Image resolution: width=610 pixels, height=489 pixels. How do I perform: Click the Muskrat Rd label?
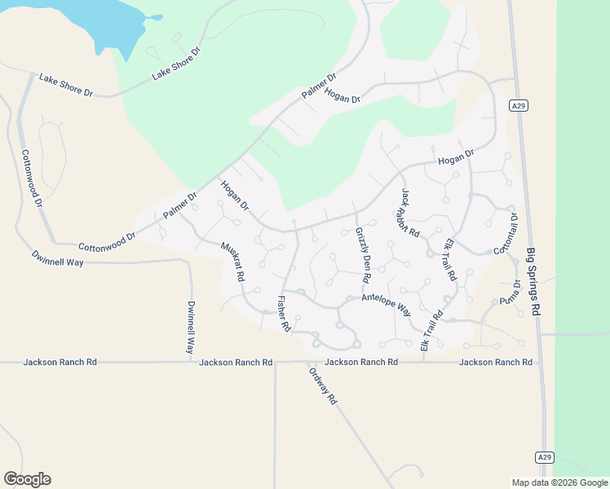click(x=232, y=261)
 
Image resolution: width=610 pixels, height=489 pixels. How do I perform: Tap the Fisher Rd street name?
click(x=284, y=313)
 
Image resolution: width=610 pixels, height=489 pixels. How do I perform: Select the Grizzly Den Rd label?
click(x=362, y=255)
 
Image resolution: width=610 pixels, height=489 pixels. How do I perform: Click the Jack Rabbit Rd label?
click(x=410, y=213)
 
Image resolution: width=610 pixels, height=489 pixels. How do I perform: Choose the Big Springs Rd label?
click(x=533, y=281)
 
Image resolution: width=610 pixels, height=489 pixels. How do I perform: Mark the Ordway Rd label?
click(x=323, y=386)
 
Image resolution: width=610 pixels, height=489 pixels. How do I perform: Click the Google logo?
click(x=27, y=479)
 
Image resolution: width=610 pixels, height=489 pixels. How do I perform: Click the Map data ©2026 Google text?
click(x=560, y=482)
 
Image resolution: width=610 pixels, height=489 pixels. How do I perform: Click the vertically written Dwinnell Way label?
click(x=191, y=326)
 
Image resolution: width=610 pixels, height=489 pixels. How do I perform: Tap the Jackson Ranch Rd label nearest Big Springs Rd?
click(x=496, y=362)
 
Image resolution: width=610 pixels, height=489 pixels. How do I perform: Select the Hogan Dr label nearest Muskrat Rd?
click(x=234, y=195)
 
